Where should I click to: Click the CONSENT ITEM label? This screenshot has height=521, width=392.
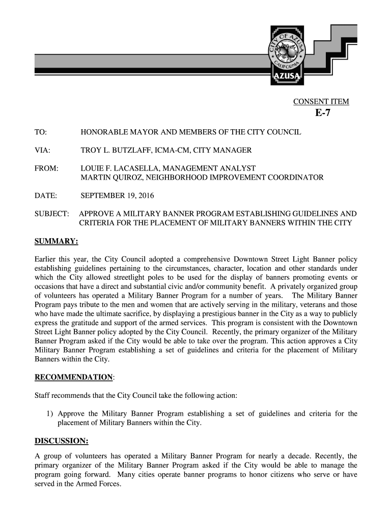click(321, 102)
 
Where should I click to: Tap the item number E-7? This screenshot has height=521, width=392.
click(322, 113)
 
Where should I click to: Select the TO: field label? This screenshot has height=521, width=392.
click(40, 132)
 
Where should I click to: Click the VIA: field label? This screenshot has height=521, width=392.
click(42, 150)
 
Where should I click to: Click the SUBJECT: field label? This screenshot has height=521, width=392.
click(51, 214)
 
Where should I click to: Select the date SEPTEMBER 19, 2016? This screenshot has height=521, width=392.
click(117, 195)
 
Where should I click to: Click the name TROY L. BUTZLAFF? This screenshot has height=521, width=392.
click(117, 150)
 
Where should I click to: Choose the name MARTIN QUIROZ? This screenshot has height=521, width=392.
click(107, 178)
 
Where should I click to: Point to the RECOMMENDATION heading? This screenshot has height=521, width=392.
click(73, 377)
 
